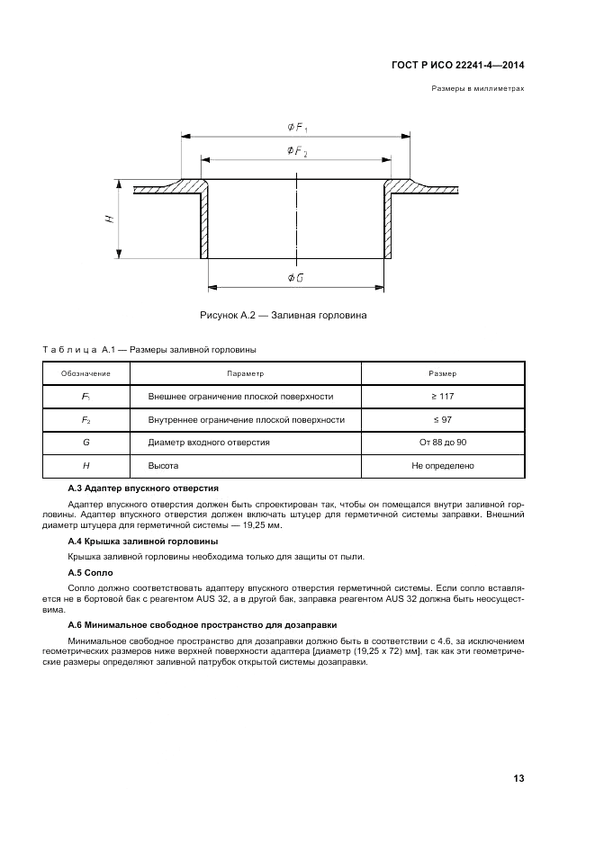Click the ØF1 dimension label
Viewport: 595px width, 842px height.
(296, 129)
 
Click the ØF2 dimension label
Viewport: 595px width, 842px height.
(296, 152)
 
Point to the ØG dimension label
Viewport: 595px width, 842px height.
(294, 278)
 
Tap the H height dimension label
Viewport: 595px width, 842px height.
(109, 219)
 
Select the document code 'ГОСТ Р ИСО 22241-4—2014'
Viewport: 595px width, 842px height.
(458, 65)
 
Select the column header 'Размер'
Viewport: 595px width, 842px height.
(443, 372)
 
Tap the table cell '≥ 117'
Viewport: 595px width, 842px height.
(443, 396)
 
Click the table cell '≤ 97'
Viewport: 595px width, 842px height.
(443, 419)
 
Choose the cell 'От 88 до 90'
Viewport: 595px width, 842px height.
(443, 443)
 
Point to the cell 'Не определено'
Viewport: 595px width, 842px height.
(443, 466)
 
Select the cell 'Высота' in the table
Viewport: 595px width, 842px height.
(163, 466)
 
